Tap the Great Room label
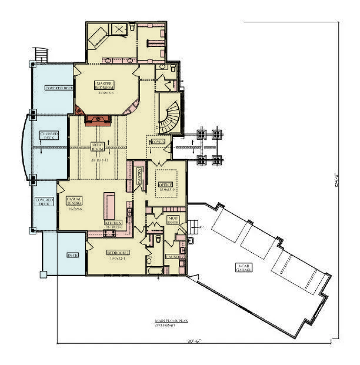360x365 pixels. pyautogui.click(x=97, y=147)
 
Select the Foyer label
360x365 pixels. pyautogui.click(x=158, y=142)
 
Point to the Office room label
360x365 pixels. pyautogui.click(x=166, y=184)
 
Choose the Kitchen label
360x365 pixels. pyautogui.click(x=113, y=223)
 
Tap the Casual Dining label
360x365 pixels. pyautogui.click(x=74, y=201)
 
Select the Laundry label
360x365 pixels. pyautogui.click(x=175, y=257)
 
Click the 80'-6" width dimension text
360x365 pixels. pyautogui.click(x=194, y=341)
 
